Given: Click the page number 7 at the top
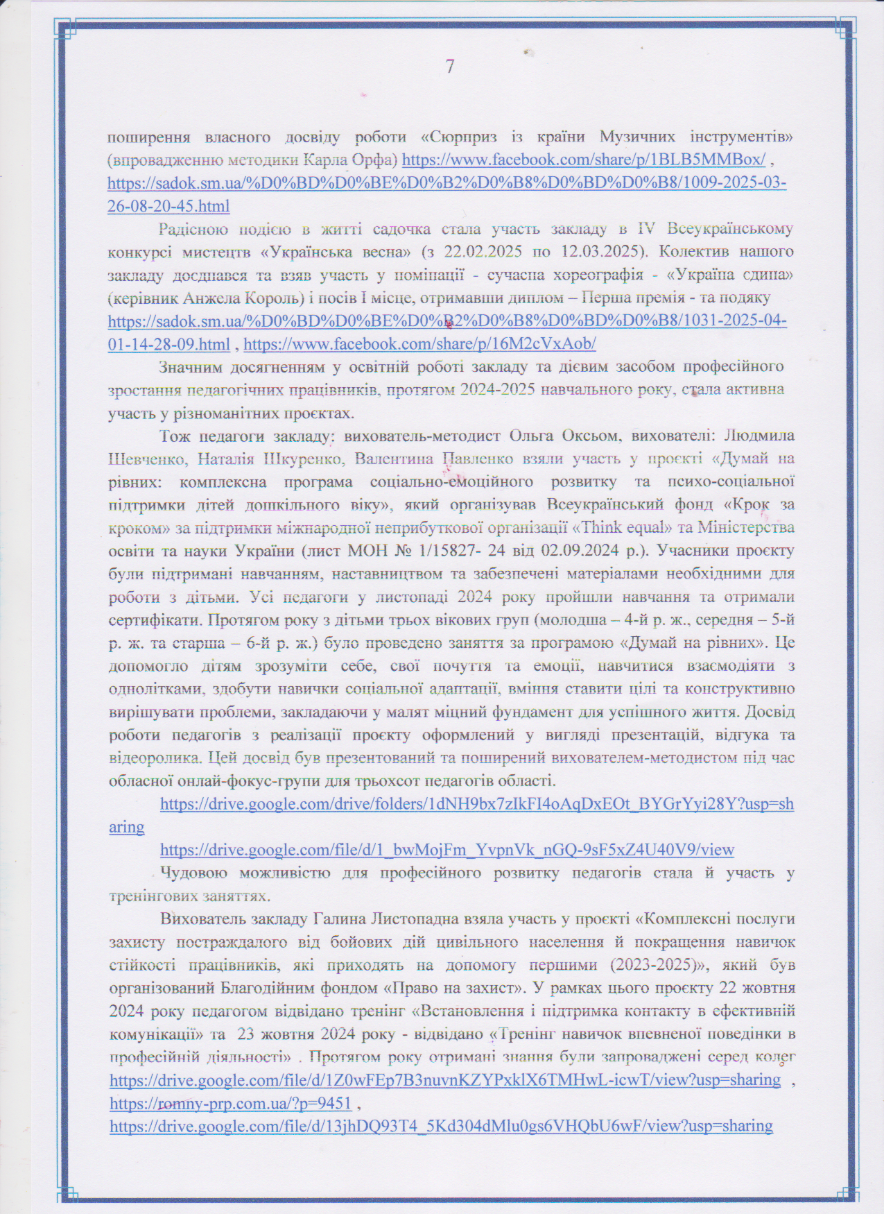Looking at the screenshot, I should click(450, 67).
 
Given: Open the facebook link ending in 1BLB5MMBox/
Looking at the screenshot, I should click(584, 160).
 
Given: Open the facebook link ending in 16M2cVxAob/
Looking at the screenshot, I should click(420, 344).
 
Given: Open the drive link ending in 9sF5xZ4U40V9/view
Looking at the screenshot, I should click(447, 849).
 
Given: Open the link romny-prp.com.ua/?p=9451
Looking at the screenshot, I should click(230, 1102).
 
